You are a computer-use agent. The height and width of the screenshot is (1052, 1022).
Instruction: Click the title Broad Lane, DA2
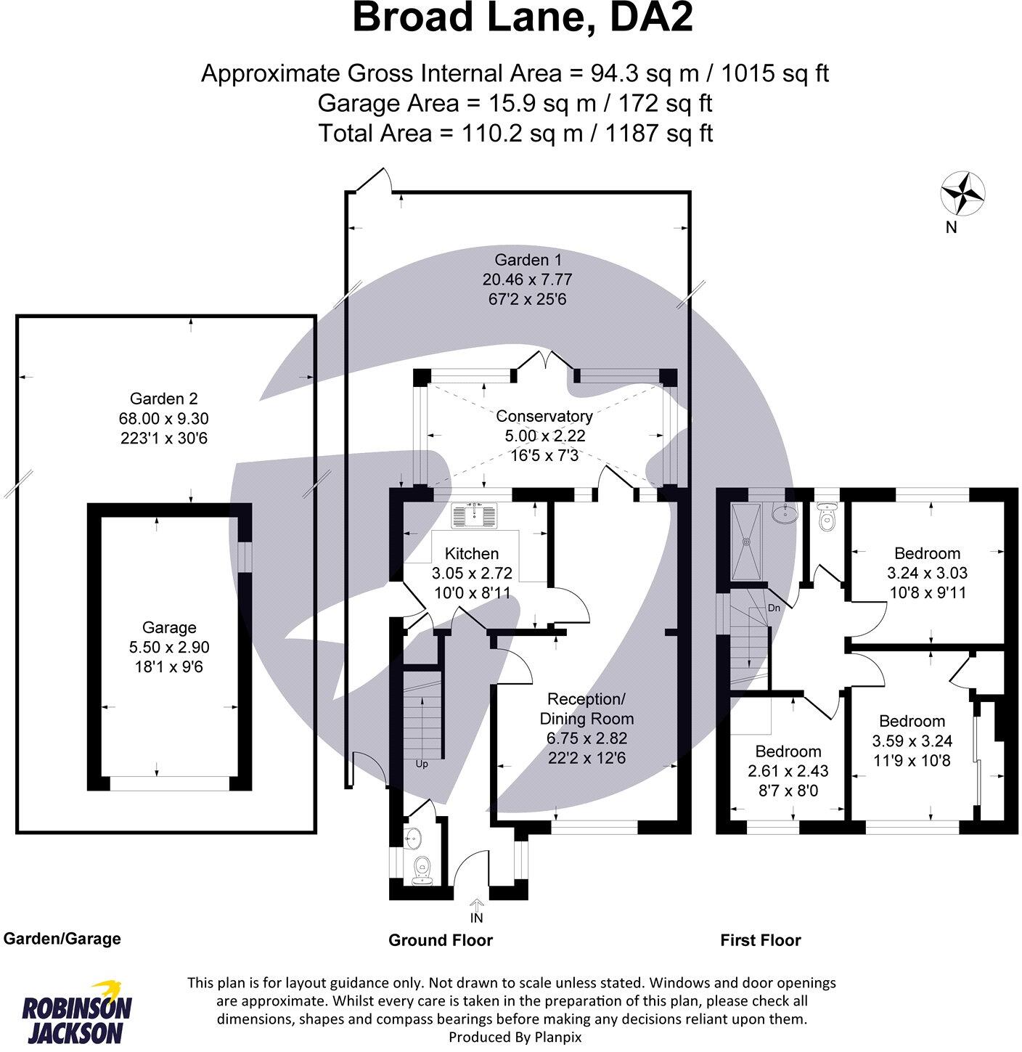[x=522, y=19]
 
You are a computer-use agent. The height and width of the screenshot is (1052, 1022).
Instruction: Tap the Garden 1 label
[x=528, y=260]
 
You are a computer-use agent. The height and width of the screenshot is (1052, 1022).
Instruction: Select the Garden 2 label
[x=163, y=399]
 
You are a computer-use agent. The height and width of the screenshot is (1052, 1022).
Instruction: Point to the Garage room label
[x=169, y=627]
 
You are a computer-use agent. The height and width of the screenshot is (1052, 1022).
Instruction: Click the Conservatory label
[x=544, y=416]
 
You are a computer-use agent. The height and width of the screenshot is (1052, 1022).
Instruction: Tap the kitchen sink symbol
[x=475, y=516]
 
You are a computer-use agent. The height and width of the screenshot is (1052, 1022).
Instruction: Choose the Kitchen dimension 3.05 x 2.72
[x=471, y=573]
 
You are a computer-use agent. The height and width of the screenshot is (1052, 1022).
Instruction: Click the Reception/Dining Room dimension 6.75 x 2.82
[x=586, y=738]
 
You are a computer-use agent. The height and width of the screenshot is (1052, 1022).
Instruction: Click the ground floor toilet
[x=421, y=868]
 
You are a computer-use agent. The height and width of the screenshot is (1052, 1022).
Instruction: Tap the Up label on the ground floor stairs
[x=422, y=764]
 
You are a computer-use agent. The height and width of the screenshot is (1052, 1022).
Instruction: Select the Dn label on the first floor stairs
[x=774, y=608]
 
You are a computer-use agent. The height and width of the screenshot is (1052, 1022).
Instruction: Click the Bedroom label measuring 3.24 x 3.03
[x=927, y=553]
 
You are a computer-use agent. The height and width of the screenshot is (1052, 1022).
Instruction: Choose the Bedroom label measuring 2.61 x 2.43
[x=788, y=751]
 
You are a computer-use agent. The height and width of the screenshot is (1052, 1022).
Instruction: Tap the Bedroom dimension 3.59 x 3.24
[x=912, y=741]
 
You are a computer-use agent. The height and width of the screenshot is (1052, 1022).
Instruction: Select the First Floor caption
[x=760, y=940]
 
